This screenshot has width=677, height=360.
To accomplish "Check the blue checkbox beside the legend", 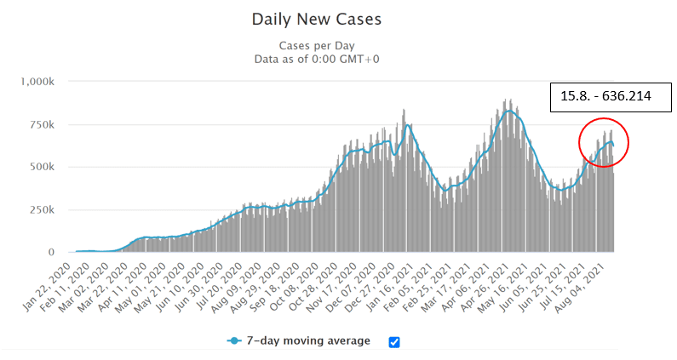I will click(x=393, y=342).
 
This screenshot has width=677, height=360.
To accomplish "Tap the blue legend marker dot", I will click(x=235, y=341).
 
